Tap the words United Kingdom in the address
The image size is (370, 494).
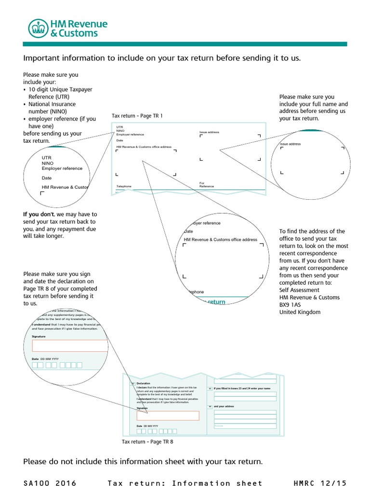tap(300, 312)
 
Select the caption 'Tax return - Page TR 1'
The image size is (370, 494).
tap(137, 116)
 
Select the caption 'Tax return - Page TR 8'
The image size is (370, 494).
tap(147, 441)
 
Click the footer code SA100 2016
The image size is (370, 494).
tap(49, 483)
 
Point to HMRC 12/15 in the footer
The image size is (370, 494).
tap(320, 483)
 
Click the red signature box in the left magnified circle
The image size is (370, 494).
tap(69, 345)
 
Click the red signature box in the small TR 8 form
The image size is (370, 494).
tap(168, 415)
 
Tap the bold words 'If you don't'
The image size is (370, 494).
tap(40, 214)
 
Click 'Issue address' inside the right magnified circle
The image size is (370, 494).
tap(291, 144)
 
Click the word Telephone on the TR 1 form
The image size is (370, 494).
tap(123, 186)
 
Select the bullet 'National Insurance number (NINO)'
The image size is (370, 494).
tap(52, 108)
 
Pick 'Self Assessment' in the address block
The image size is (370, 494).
tap(299, 290)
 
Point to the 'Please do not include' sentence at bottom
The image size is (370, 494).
tap(143, 462)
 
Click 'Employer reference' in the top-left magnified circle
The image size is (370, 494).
tap(62, 168)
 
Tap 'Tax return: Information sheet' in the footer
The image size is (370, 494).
tap(185, 483)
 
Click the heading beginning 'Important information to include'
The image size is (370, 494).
tap(162, 58)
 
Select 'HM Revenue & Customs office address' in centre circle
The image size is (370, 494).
tap(221, 239)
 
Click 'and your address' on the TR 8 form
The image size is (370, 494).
tap(224, 406)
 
